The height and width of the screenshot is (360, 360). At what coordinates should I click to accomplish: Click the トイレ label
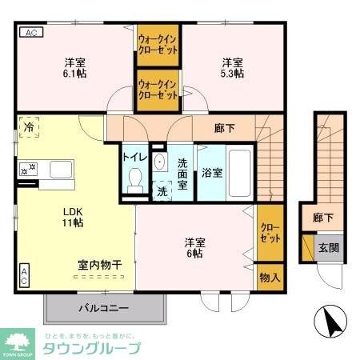click(133, 157)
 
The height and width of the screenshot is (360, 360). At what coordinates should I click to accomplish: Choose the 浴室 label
click(212, 172)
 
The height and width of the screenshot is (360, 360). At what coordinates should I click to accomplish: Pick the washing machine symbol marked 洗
click(162, 190)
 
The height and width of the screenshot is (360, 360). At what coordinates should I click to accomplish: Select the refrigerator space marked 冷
click(29, 127)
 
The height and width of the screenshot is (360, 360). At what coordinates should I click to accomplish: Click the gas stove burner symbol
click(27, 168)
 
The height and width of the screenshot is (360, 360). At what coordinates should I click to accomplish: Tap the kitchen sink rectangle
click(62, 169)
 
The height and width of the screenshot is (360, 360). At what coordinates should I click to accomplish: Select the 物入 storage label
click(270, 277)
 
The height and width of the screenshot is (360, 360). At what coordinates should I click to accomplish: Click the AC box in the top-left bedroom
click(30, 33)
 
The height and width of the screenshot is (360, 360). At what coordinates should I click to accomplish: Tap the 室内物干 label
click(99, 265)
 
